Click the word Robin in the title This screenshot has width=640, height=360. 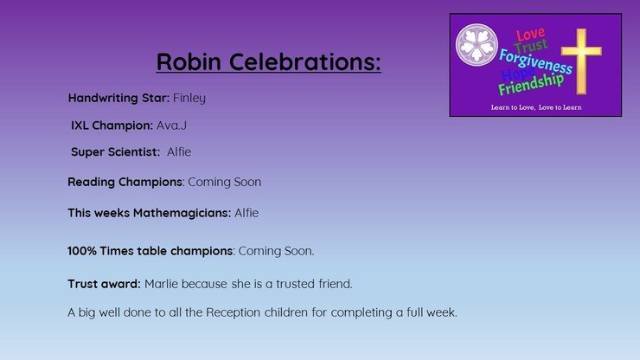click(x=189, y=61)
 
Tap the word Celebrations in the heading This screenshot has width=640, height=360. click(x=304, y=61)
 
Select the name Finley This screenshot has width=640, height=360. click(x=189, y=99)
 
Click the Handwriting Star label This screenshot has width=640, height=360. click(x=118, y=99)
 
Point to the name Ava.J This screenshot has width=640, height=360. click(x=171, y=125)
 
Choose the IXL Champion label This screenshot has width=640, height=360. click(x=112, y=125)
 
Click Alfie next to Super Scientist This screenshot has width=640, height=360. click(x=179, y=151)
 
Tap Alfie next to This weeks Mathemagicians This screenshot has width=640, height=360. click(x=246, y=213)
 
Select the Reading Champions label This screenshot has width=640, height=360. click(x=125, y=182)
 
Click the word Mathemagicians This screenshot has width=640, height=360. click(x=182, y=213)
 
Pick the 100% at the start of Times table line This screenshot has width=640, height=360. click(x=81, y=251)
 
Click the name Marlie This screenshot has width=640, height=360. click(x=161, y=284)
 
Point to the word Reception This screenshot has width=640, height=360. click(x=233, y=312)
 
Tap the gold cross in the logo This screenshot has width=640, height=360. click(x=581, y=61)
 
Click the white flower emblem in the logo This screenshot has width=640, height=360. click(x=477, y=44)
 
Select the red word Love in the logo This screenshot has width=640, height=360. click(x=530, y=35)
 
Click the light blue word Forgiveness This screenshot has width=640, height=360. click(x=535, y=62)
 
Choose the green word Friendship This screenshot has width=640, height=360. click(x=531, y=85)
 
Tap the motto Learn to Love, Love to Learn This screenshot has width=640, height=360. click(x=536, y=107)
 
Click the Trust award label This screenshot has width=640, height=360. click(x=104, y=284)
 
